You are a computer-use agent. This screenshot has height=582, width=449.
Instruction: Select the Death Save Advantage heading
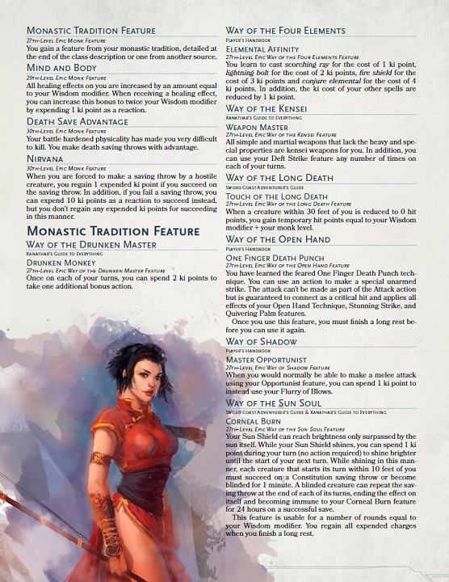point(78,121)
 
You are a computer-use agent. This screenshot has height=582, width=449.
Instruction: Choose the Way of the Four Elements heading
point(285,31)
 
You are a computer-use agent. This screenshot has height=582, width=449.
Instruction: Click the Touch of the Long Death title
point(276,196)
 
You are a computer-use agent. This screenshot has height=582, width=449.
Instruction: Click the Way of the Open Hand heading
point(278,239)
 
